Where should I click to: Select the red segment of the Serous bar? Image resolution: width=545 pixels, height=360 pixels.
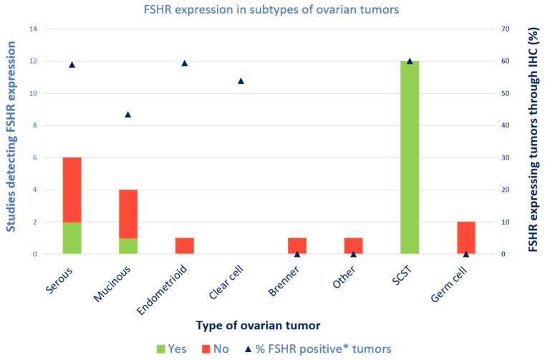72,190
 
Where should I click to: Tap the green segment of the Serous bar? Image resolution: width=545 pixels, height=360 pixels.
72,238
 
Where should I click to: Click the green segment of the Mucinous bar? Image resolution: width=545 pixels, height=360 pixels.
128,246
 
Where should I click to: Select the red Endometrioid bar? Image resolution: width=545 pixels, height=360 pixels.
184,245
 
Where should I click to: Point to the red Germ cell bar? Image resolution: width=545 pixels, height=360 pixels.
466,238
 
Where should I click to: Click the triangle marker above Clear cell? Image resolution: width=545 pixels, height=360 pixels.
241,81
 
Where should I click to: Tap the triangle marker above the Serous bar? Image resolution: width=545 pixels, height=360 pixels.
72,64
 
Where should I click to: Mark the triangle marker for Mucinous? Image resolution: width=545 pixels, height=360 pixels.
128,114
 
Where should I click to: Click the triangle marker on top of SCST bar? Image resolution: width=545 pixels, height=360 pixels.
410,61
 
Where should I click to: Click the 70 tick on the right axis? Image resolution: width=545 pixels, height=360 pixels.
504,29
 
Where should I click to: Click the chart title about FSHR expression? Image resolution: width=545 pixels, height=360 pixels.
271,9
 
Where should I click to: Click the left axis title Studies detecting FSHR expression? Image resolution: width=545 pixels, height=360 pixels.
11,142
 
